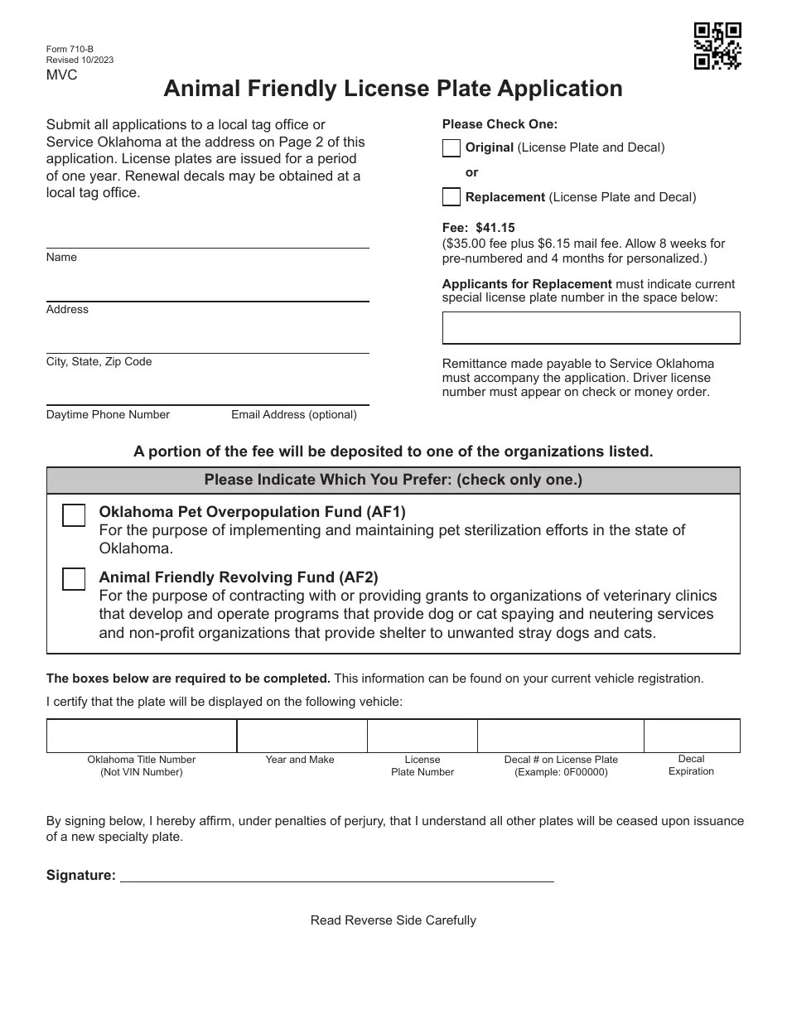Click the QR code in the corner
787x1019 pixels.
point(717,46)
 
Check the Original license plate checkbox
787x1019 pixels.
point(451,148)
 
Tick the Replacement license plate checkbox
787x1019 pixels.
point(451,197)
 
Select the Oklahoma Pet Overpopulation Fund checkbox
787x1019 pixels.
point(74,515)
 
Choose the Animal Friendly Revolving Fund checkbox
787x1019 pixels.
point(74,579)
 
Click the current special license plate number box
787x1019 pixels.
point(591,328)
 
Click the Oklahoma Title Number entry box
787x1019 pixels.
point(142,736)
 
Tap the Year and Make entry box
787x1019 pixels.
point(302,736)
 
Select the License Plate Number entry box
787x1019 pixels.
point(422,736)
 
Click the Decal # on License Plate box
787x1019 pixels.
point(560,736)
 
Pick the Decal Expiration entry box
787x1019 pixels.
point(691,736)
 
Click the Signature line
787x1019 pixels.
point(336,875)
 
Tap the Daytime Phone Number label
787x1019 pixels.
point(108,414)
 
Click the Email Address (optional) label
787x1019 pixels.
point(293,414)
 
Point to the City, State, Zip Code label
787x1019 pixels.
point(99,362)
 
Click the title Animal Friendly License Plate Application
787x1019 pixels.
point(393,89)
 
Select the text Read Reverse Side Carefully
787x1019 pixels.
point(393,920)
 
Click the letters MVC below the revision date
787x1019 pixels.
point(61,75)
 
